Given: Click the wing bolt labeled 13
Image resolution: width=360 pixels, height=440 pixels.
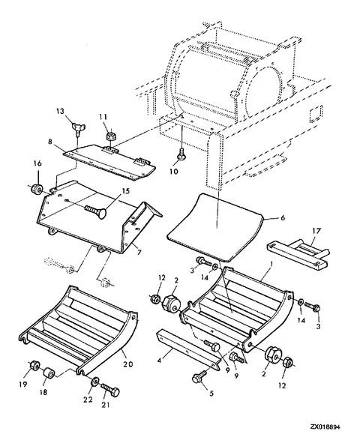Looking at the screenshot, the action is pos(76,130).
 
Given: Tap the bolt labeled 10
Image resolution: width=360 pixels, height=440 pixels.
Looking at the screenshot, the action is pos(181,153).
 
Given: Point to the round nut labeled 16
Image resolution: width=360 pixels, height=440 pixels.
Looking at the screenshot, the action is pos(37,189).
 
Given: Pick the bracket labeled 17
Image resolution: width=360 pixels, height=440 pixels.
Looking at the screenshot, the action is pos(298,252).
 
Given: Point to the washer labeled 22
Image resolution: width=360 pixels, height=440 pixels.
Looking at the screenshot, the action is pos(94,382).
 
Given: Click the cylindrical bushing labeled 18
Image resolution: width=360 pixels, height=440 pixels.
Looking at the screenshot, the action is pos(49,373).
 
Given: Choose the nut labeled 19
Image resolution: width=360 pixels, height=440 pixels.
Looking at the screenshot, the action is pos(34,365).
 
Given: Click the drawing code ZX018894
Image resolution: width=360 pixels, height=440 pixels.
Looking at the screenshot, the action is pos(325,427).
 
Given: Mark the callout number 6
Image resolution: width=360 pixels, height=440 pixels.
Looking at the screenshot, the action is pos(283,217).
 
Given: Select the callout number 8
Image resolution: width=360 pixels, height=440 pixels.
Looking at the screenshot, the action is pos(49,142).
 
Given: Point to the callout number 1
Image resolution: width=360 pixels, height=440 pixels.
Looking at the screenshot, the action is pos(271,265).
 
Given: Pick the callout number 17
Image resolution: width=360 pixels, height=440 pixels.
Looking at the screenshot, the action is pos(316,232).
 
